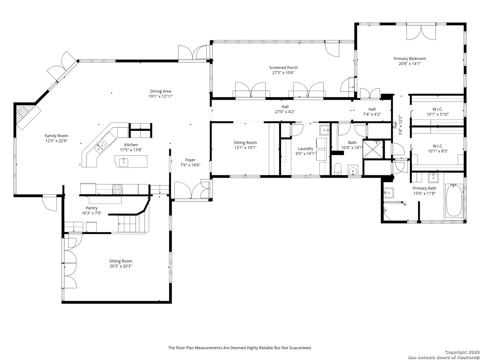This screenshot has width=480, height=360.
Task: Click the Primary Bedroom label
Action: [410, 59]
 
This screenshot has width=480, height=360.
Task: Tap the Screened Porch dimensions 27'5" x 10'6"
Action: [283, 73]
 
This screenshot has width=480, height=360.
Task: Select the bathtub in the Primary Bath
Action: [454, 200]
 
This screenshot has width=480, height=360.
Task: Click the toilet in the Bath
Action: [338, 169]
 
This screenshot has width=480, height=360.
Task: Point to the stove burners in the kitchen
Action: [117, 189]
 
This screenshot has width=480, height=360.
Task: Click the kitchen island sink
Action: [124, 162]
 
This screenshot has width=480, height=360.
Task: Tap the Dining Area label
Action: [161, 91]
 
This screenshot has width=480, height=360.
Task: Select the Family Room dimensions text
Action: [56, 141]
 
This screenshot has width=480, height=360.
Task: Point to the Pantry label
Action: [91, 208]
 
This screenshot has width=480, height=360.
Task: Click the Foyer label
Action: [190, 160]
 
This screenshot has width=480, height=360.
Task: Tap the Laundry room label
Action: [305, 149]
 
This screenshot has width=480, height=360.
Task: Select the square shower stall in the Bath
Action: [373, 149]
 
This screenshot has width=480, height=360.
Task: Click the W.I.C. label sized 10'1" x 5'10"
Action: [438, 109]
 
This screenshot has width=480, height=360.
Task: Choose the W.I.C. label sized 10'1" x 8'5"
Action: [438, 146]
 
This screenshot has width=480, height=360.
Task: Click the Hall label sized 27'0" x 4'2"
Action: [285, 107]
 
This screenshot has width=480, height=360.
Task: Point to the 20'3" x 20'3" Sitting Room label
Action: [121, 261]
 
